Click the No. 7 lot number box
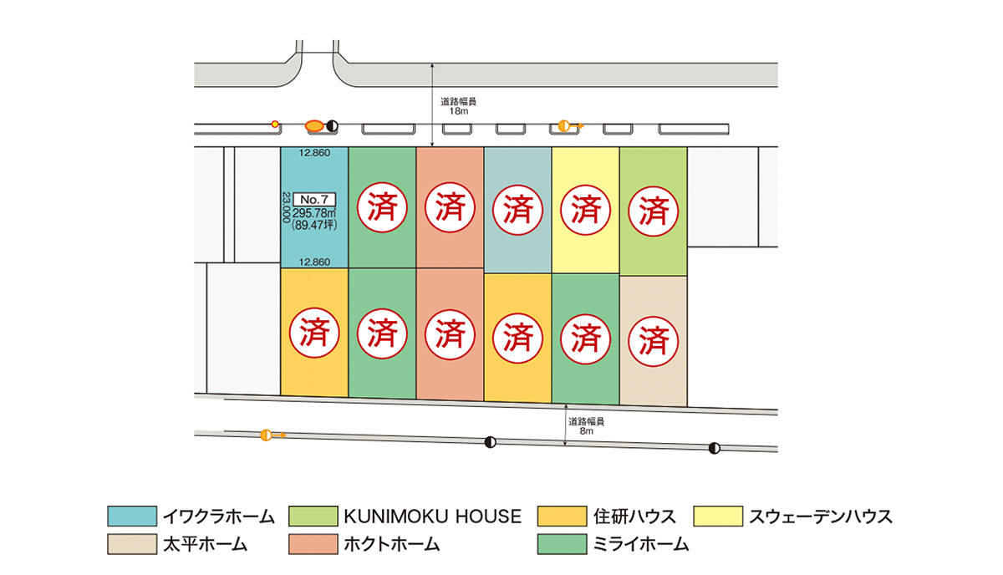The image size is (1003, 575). (x=318, y=200)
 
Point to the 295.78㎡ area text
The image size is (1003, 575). (x=314, y=214)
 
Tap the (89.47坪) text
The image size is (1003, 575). (x=314, y=226)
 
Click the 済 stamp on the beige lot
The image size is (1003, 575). (x=654, y=338)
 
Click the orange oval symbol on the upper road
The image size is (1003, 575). (x=314, y=126)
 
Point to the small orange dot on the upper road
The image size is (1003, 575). (x=275, y=125)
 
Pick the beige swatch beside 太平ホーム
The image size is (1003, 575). (x=131, y=544)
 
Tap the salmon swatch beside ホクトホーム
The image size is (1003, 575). (x=312, y=544)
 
